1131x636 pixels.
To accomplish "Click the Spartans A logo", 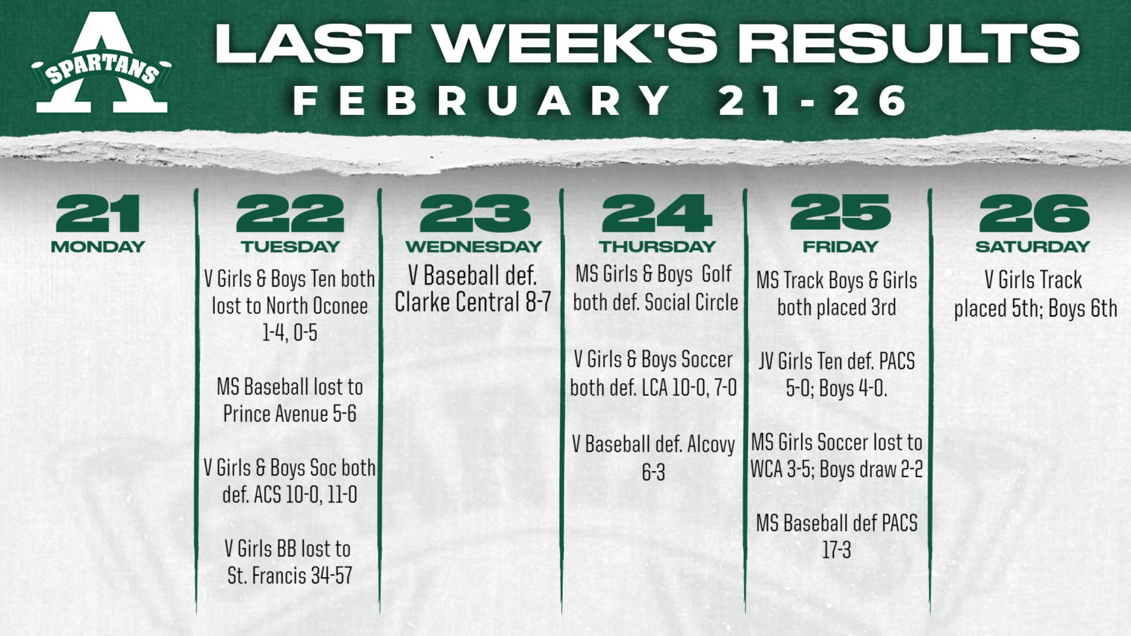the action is pos(101,64).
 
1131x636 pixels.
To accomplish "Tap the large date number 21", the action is pos(98,213).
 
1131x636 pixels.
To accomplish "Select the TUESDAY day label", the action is pos(290,246).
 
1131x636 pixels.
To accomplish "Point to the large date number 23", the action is pos(475,213).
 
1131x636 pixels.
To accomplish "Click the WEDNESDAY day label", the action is pos(474,246).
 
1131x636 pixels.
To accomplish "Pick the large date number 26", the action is pos(1033,213).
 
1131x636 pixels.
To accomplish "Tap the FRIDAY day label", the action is pos(840,246).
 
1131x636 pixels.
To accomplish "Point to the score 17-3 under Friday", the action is pos(836,550).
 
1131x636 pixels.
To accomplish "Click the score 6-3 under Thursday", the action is pos(653,472).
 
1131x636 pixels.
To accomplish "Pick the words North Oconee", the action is pos(317,306).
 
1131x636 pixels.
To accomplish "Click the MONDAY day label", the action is pos(98,246).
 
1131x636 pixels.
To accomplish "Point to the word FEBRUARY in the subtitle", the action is pos(482,100).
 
